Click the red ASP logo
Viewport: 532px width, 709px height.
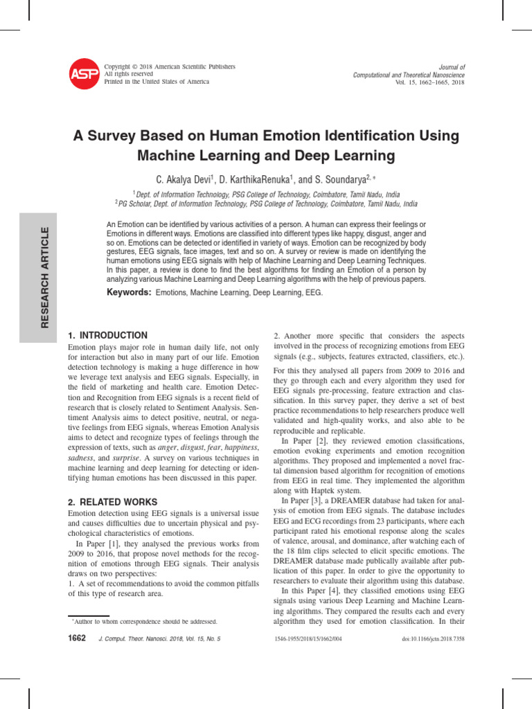click(x=84, y=73)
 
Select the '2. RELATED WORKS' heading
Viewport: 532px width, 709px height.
click(x=113, y=501)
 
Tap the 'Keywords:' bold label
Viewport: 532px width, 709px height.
click(x=129, y=293)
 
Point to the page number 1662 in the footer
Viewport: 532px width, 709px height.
click(x=74, y=638)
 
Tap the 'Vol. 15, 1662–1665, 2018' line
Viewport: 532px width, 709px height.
click(x=429, y=82)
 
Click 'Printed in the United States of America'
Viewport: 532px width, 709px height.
click(x=156, y=81)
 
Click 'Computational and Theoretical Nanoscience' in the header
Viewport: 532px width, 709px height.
click(x=409, y=75)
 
